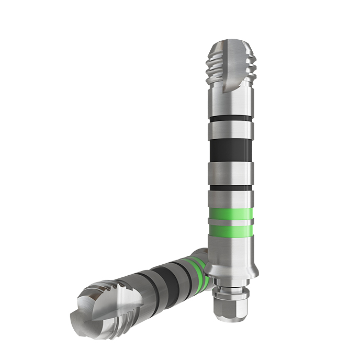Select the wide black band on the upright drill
(x=230, y=151)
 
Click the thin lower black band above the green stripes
(x=230, y=188)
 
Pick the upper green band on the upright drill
(x=230, y=214)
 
